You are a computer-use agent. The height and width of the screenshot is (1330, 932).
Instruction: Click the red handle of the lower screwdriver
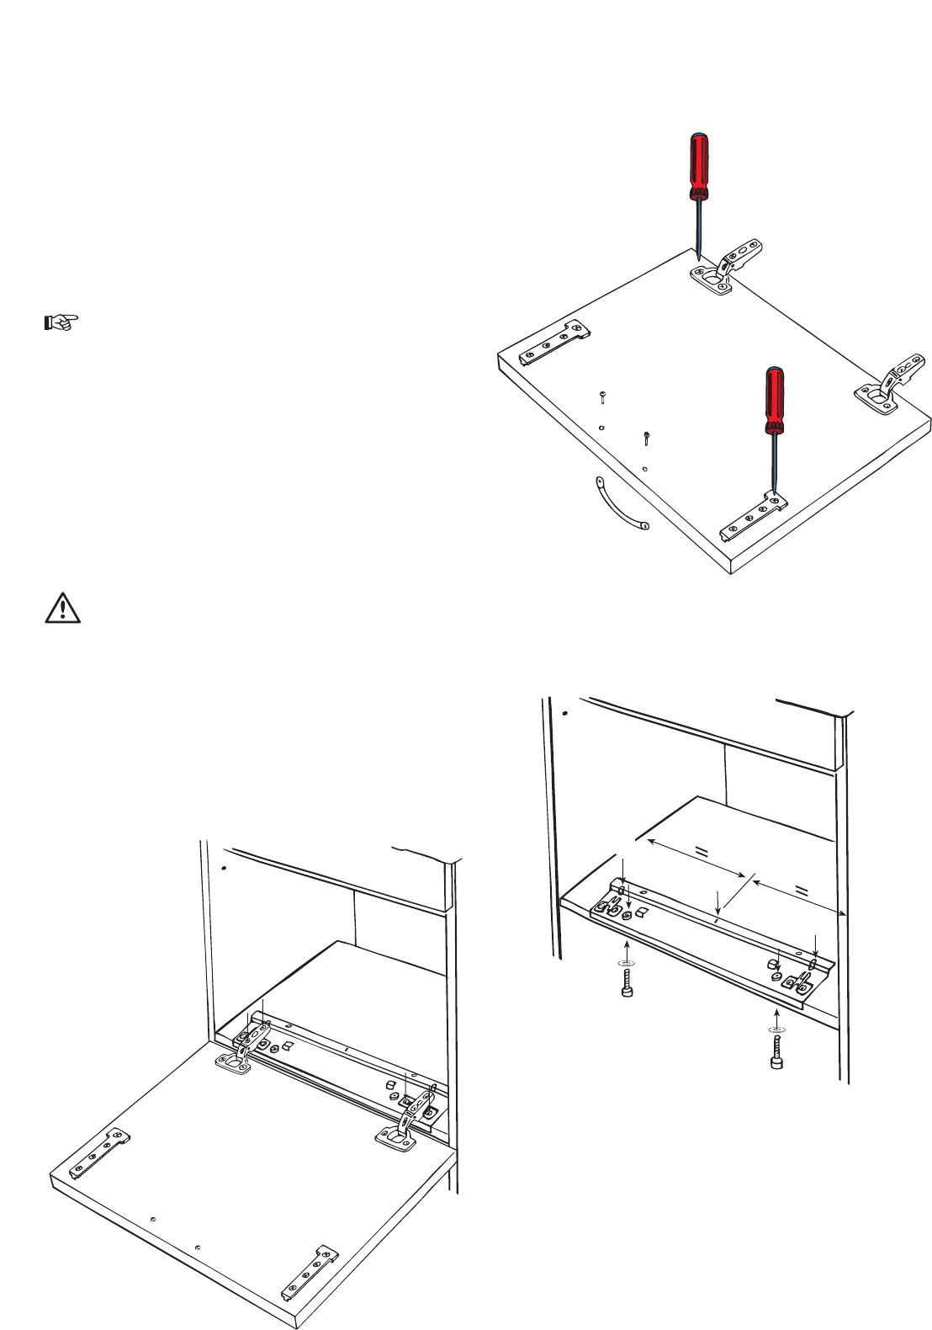(x=773, y=399)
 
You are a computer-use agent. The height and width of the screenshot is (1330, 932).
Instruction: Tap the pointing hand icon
(x=61, y=322)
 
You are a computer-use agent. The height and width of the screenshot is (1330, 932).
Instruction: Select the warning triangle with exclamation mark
(x=62, y=608)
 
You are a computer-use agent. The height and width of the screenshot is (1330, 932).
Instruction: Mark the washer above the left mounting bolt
(x=625, y=961)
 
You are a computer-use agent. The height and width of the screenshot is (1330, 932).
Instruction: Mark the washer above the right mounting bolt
(x=776, y=1029)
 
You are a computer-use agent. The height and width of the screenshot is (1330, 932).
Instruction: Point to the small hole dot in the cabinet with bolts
(x=565, y=713)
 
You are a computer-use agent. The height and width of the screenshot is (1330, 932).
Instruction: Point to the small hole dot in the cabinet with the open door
(x=223, y=867)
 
